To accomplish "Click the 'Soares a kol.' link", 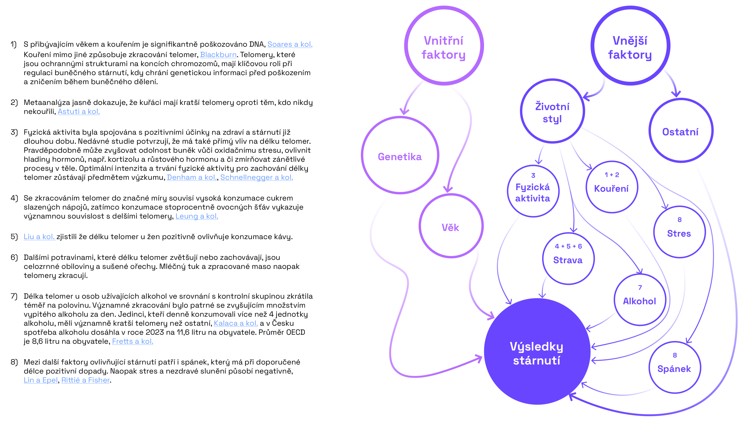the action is tap(290, 44).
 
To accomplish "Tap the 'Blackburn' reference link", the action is tap(218, 55).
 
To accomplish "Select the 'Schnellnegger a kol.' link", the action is tap(257, 177).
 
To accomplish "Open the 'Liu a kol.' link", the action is tap(39, 237).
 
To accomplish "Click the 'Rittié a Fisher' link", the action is tap(85, 380).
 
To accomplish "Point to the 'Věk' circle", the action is tap(451, 226).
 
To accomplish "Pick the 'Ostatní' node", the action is tap(681, 130).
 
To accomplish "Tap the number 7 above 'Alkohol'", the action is tap(640, 288).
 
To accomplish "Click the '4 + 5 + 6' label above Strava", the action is tap(568, 246).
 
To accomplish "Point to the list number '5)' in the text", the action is tap(14, 237).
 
